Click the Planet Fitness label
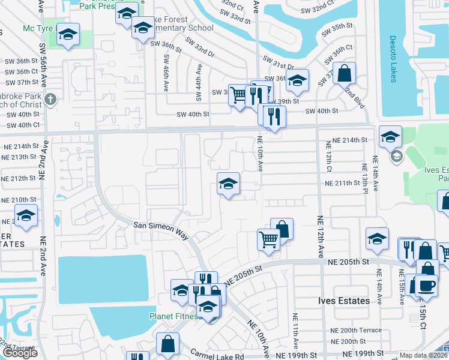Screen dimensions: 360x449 pos(175,316)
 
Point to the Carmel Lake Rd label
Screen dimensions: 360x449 pos(217,355)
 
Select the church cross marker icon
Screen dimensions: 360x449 pos(50,99)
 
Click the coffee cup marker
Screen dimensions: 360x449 pos(426,284)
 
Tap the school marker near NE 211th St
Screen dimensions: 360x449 pos(228,184)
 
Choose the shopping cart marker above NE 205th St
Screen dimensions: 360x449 pos(268,239)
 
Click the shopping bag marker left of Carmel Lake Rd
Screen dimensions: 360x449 pos(167,344)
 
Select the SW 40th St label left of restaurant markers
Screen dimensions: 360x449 pos(193,114)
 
